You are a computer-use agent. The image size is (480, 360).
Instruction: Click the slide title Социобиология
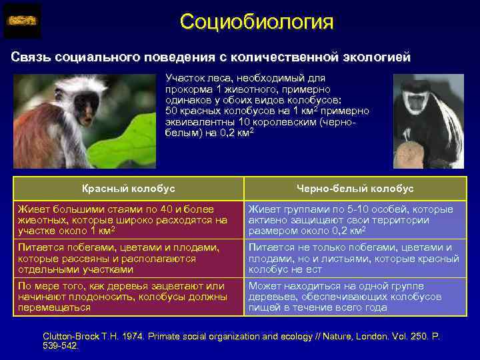pyautogui.click(x=256, y=21)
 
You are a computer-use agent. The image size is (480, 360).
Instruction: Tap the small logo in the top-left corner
pyautogui.click(x=22, y=21)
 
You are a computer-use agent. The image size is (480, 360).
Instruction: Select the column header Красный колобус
pyautogui.click(x=128, y=189)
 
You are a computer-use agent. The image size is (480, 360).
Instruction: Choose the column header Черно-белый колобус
pyautogui.click(x=355, y=189)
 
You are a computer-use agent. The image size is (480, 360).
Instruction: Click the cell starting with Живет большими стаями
pyautogui.click(x=128, y=219)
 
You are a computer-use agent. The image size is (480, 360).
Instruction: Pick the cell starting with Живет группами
pyautogui.click(x=355, y=219)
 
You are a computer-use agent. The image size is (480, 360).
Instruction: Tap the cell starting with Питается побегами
pyautogui.click(x=128, y=258)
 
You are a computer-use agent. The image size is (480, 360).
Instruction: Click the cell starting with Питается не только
pyautogui.click(x=355, y=258)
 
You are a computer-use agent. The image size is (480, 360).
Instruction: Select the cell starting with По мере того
pyautogui.click(x=128, y=297)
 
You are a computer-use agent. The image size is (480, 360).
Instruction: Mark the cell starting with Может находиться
pyautogui.click(x=355, y=297)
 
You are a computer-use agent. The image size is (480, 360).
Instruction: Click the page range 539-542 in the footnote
pyautogui.click(x=60, y=347)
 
